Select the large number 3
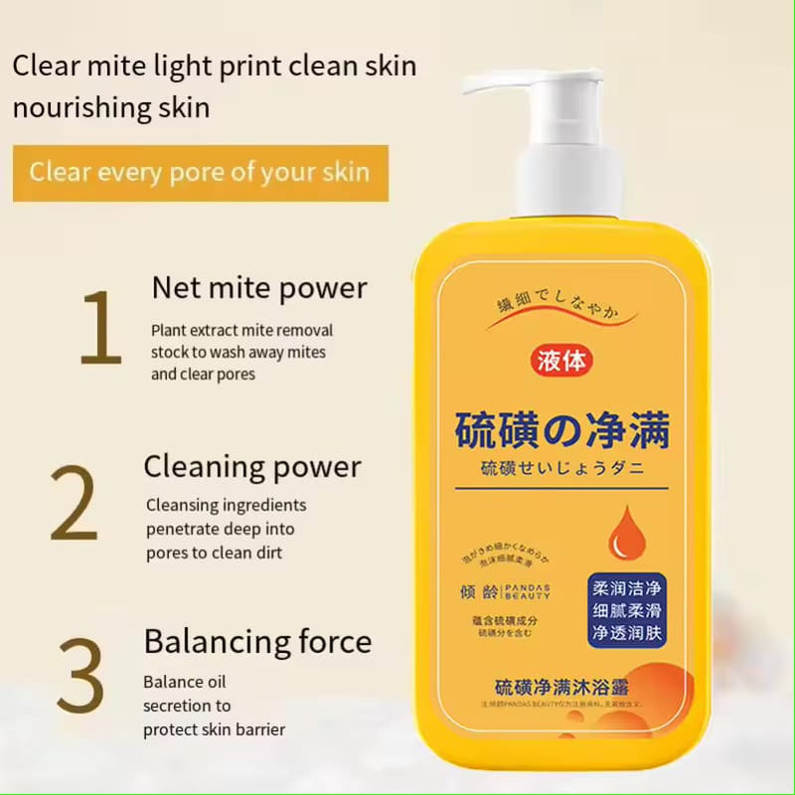coord(79,675)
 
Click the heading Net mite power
coord(259,288)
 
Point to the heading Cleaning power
coord(252,466)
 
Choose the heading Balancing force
coord(257,641)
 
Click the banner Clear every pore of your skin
coord(200,172)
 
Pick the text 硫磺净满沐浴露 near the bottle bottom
coord(561,687)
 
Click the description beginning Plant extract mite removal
coord(241,352)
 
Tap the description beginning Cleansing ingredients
coord(226,529)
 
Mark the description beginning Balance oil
coord(214,706)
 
